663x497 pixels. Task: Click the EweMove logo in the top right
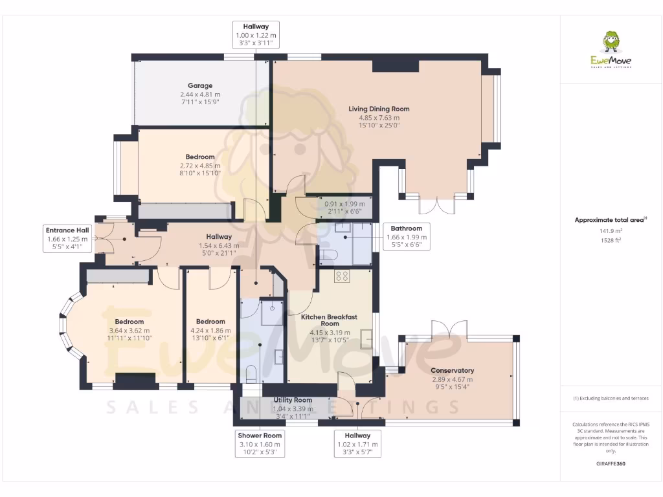click(x=611, y=50)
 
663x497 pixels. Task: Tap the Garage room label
click(x=200, y=85)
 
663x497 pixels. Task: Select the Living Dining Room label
click(x=379, y=109)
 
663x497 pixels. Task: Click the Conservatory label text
click(x=452, y=370)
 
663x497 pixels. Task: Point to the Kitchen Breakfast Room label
click(x=330, y=320)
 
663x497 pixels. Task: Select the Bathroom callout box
click(x=406, y=237)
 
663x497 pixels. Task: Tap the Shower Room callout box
click(x=259, y=444)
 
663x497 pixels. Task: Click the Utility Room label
click(x=293, y=400)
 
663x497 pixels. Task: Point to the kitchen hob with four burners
click(x=342, y=276)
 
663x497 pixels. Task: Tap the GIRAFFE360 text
click(x=611, y=463)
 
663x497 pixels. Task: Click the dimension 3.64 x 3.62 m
click(x=129, y=331)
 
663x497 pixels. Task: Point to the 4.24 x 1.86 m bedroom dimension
click(x=210, y=331)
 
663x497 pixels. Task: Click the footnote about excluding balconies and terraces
click(x=611, y=398)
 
